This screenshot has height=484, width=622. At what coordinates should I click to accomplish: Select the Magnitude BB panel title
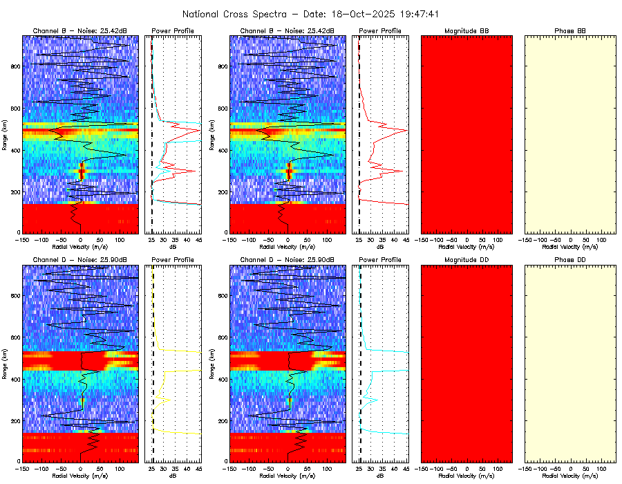coord(466,31)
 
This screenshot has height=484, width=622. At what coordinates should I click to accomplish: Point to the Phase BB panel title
coord(570,31)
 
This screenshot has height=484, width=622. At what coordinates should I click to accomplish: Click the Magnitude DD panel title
coord(466,260)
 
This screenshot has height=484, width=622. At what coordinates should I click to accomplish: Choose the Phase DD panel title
coord(570,260)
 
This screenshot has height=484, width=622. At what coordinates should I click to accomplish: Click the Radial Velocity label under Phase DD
coord(570,476)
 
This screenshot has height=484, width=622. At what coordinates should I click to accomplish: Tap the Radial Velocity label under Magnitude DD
coord(466,476)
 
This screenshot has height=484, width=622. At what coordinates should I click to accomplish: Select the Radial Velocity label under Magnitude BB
coord(466,246)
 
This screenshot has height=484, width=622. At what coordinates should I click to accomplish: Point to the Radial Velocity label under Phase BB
coord(570,246)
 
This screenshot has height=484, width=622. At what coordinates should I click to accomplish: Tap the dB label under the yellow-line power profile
coord(173,476)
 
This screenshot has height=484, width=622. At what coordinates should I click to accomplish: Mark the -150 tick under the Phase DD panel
coord(525,468)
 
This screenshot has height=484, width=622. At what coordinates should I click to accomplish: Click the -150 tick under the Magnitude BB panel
coord(422,239)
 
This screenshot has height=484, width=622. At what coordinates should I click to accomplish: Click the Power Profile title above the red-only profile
coord(380,31)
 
